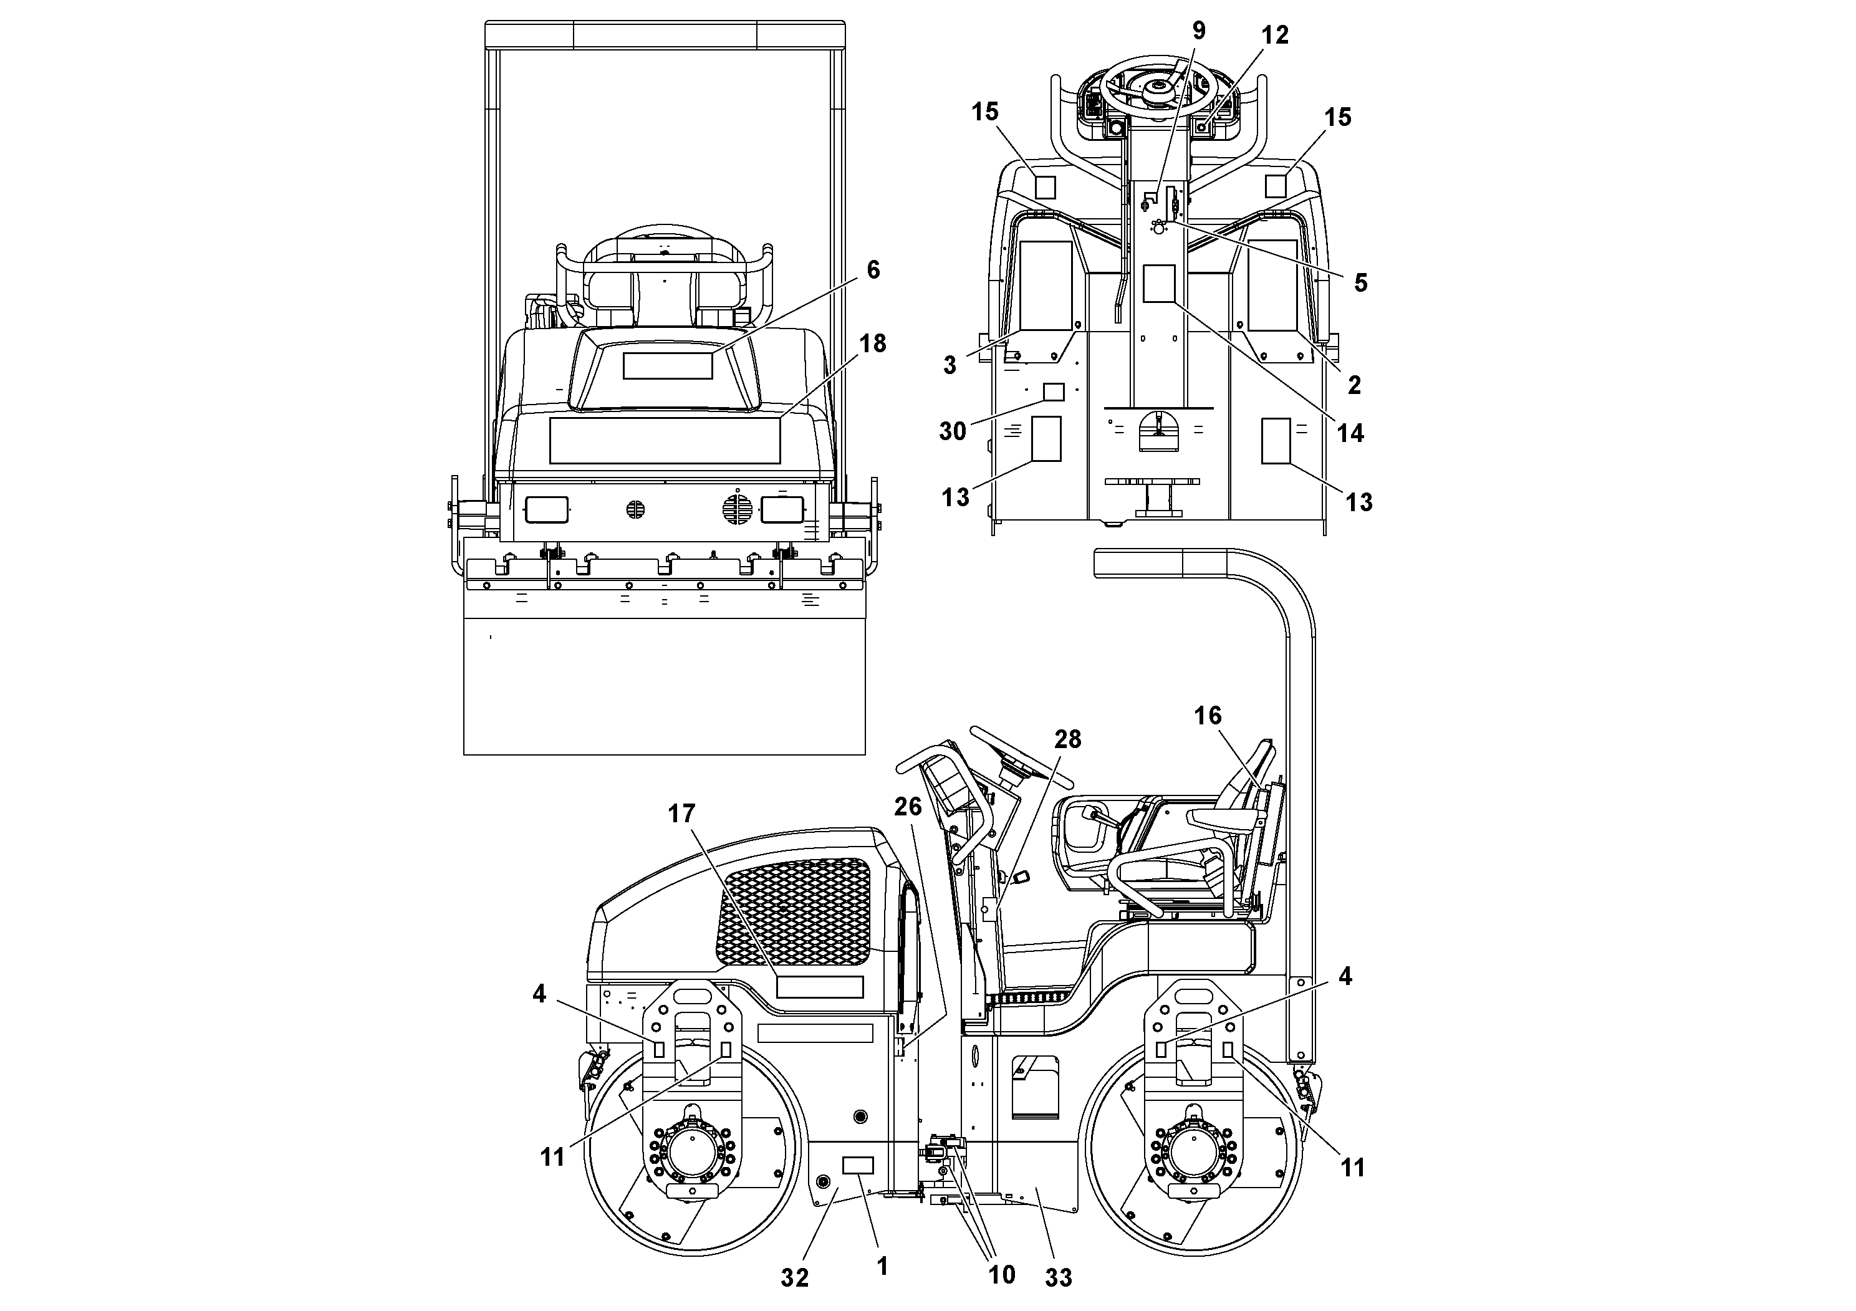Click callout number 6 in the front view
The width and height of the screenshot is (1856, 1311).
pyautogui.click(x=873, y=270)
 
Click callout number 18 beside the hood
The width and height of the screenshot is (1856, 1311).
pyautogui.click(x=872, y=343)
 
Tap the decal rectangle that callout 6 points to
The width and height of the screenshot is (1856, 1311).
pyautogui.click(x=667, y=366)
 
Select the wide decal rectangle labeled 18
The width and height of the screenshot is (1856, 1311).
pyautogui.click(x=665, y=441)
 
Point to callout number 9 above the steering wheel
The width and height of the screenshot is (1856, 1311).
pyautogui.click(x=1199, y=31)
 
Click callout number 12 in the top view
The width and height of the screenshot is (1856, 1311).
pyautogui.click(x=1275, y=35)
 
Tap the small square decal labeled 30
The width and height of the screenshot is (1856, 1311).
pyautogui.click(x=1053, y=392)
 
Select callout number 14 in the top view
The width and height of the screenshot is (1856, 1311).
pyautogui.click(x=1350, y=433)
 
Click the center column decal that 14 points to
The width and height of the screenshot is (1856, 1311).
pyautogui.click(x=1158, y=284)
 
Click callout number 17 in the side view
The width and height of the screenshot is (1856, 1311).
pyautogui.click(x=681, y=813)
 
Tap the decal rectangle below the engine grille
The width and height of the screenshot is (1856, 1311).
pyautogui.click(x=819, y=987)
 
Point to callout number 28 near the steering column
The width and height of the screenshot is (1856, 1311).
pyautogui.click(x=1067, y=739)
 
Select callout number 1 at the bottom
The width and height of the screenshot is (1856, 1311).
pyautogui.click(x=882, y=1265)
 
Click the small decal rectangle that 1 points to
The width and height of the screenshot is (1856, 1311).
pyautogui.click(x=858, y=1165)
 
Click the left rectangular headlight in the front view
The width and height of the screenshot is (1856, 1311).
pyautogui.click(x=547, y=509)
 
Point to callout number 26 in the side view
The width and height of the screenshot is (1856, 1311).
pyautogui.click(x=908, y=806)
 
